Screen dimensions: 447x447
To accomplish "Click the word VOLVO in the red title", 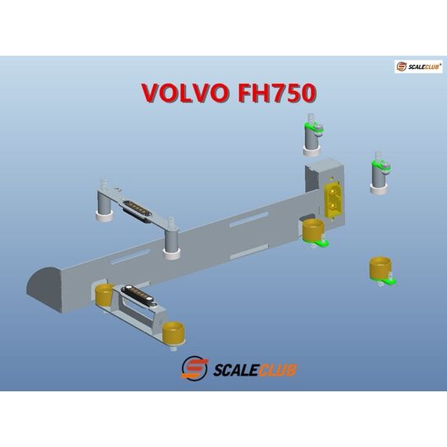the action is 185,93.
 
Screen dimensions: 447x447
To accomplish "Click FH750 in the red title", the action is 278,93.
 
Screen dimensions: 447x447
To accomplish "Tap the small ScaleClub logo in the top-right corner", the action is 418,67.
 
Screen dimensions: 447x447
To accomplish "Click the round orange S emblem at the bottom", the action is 194,369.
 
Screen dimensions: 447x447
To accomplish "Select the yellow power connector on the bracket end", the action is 332,198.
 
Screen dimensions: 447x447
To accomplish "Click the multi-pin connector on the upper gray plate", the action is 136,211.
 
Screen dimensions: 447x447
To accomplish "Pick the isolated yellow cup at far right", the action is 380,267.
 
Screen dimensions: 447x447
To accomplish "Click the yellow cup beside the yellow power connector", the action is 313,230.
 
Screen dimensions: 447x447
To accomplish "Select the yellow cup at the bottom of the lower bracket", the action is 173,332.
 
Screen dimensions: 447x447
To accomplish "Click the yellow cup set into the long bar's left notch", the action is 104,295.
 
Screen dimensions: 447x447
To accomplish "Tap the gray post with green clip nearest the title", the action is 312,135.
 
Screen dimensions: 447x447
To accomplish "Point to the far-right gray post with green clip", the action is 380,173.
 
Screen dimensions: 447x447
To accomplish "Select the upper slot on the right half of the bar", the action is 249,220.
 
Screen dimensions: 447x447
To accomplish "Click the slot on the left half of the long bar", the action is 130,257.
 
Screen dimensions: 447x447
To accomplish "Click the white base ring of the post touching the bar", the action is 172,253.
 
